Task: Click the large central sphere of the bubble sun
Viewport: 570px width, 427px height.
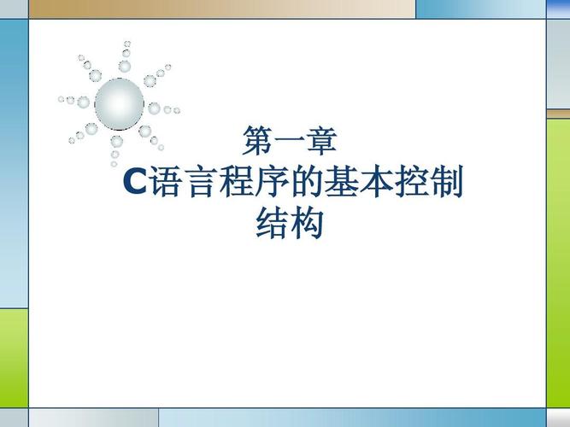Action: pos(119,103)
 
